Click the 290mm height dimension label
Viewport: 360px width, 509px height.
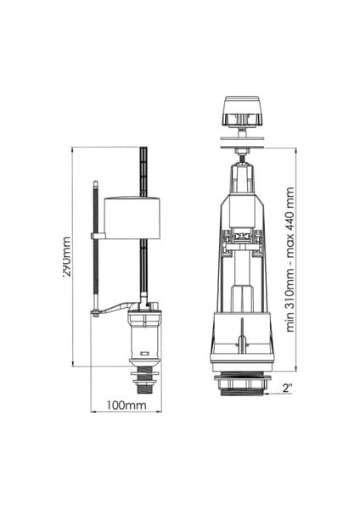tap(66, 257)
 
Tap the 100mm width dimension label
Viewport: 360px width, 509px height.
tap(127, 406)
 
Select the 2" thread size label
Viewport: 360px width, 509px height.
tap(288, 388)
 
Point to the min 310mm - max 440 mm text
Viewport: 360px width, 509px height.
tap(290, 260)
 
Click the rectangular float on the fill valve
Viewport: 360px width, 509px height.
tap(132, 218)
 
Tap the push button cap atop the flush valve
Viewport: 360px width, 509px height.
tap(242, 110)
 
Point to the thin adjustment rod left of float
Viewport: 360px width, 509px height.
tap(95, 247)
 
